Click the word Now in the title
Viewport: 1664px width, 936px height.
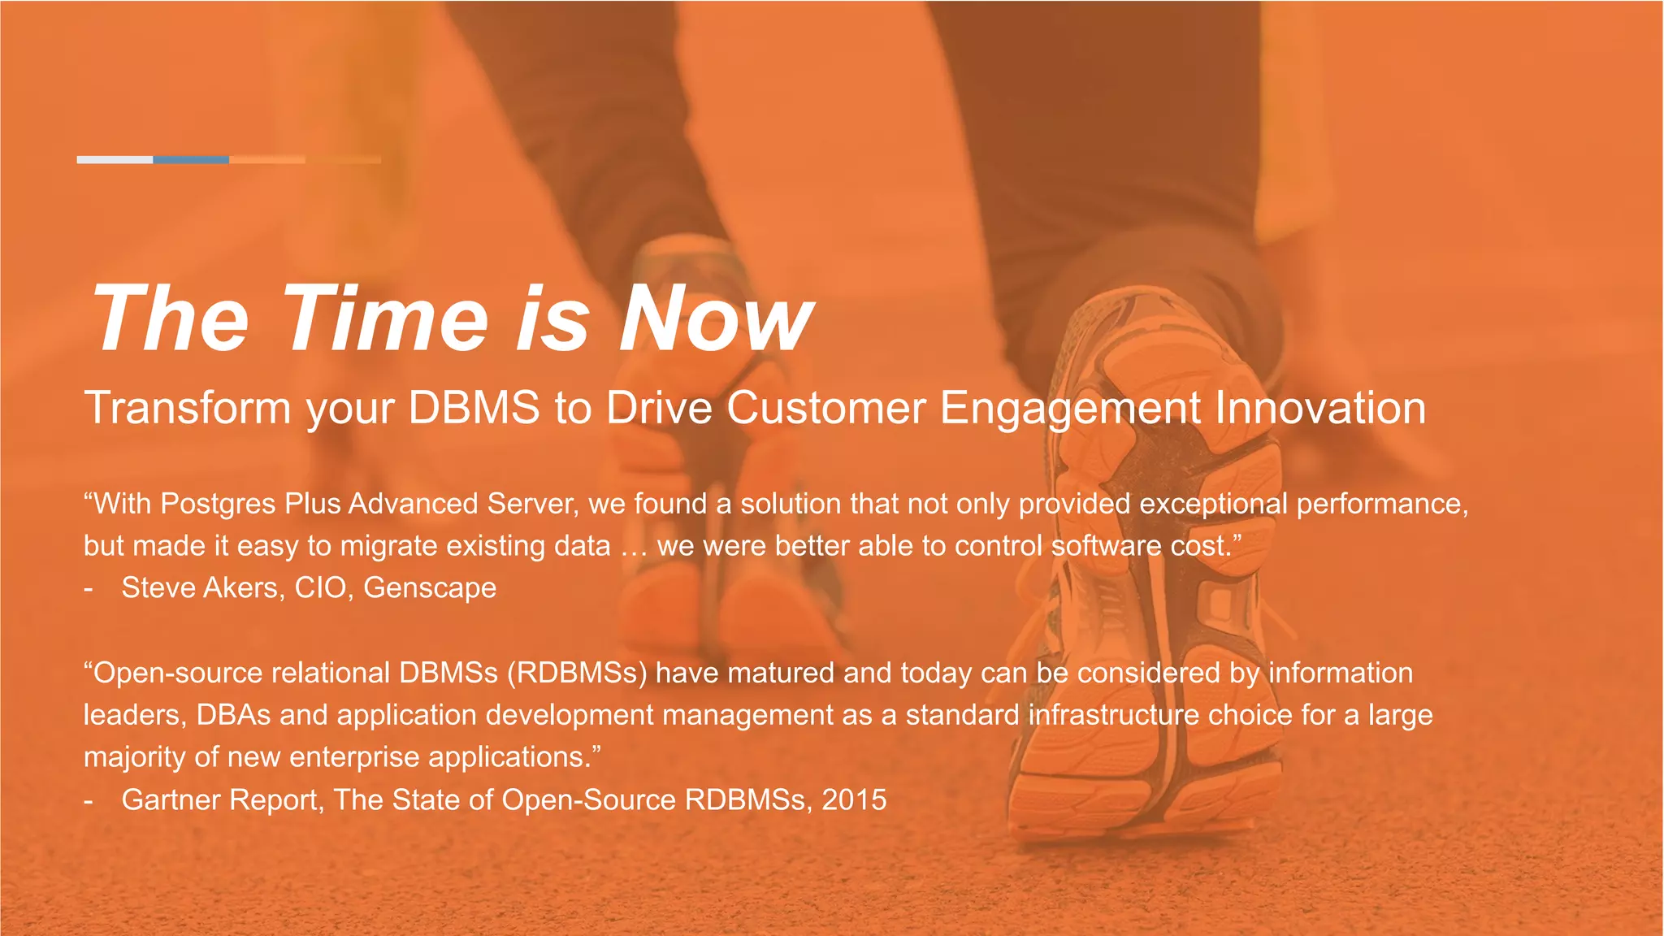[x=715, y=318]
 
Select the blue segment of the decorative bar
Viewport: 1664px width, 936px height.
[x=191, y=160]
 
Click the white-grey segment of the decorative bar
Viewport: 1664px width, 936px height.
[x=115, y=160]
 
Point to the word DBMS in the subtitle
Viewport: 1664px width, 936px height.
[x=474, y=408]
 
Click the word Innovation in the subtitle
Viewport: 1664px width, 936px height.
[x=1320, y=408]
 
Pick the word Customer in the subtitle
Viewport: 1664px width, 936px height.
[x=825, y=408]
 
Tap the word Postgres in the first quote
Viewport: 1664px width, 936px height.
[x=218, y=505]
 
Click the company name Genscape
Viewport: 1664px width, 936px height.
[x=430, y=588]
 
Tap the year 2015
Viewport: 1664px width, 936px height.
[x=854, y=800]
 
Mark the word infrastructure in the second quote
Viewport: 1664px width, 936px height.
[x=1113, y=716]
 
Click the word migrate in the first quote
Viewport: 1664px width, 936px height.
[x=389, y=547]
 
